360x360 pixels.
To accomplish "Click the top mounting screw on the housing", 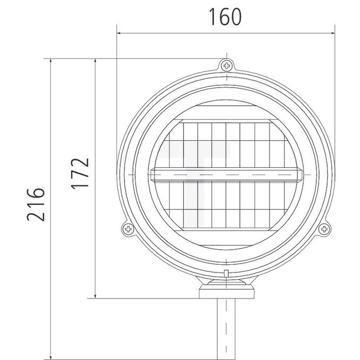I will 227,66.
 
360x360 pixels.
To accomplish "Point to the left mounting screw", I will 127,228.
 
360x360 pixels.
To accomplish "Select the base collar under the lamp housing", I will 227,292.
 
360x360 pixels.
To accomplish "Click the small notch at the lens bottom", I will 227,272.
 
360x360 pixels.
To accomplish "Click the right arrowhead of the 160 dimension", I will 334,33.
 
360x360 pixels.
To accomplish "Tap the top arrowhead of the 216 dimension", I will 51,59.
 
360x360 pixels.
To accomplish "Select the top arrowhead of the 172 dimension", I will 96,59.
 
